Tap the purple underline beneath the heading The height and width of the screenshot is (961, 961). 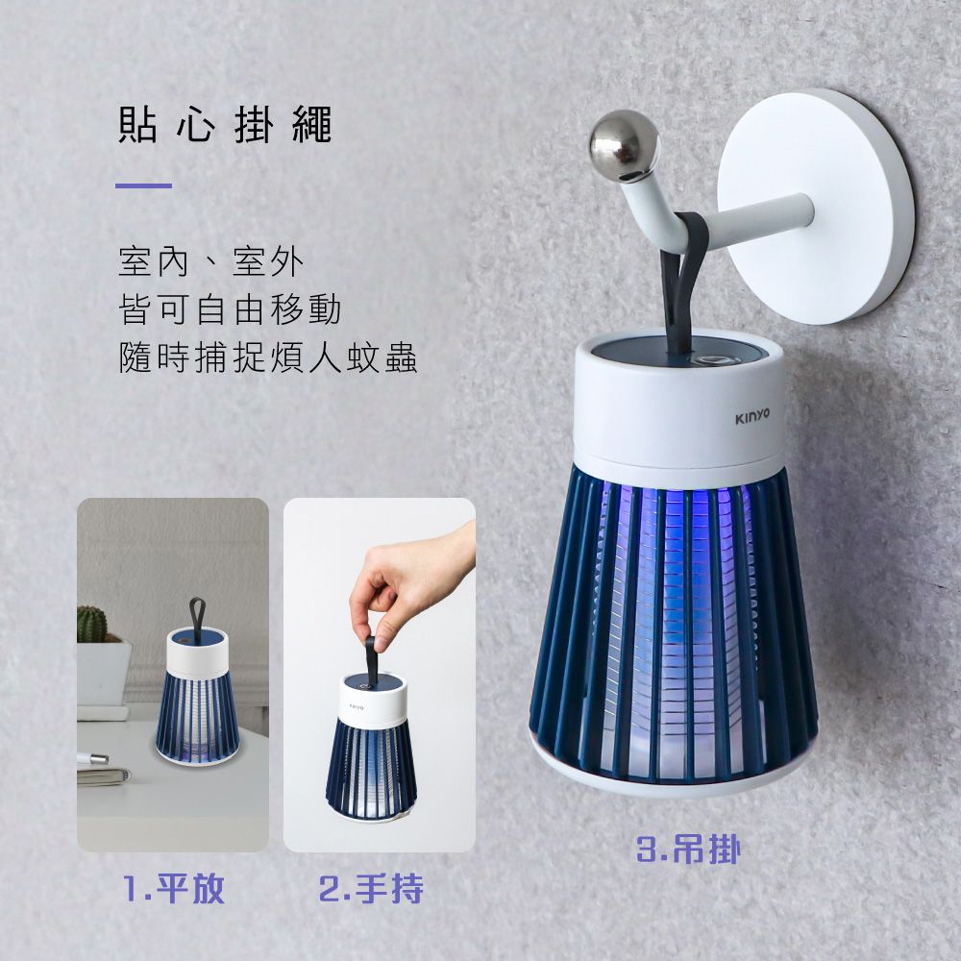[143, 185]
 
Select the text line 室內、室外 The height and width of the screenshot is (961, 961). [209, 261]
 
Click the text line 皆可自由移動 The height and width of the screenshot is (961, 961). [229, 309]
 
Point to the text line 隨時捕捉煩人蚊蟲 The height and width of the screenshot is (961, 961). [267, 357]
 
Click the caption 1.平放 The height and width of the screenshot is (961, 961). [174, 889]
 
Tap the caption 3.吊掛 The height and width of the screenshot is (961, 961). [689, 849]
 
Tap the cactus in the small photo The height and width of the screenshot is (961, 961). [91, 624]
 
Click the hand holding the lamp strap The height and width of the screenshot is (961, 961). [404, 586]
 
